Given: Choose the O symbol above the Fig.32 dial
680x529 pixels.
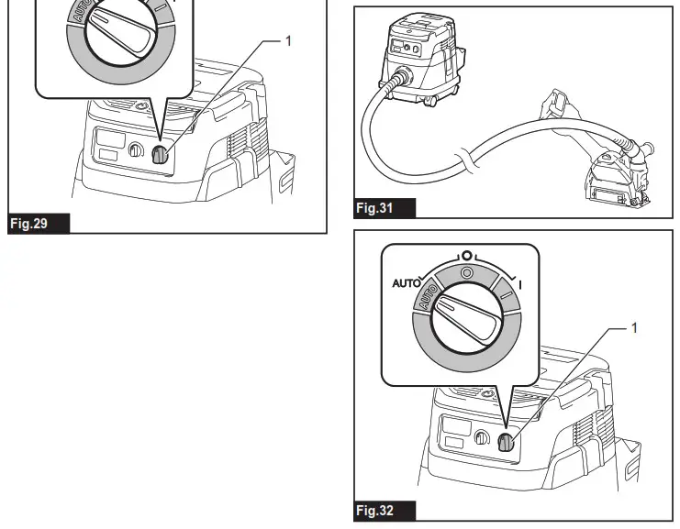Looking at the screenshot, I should click(466, 254).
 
